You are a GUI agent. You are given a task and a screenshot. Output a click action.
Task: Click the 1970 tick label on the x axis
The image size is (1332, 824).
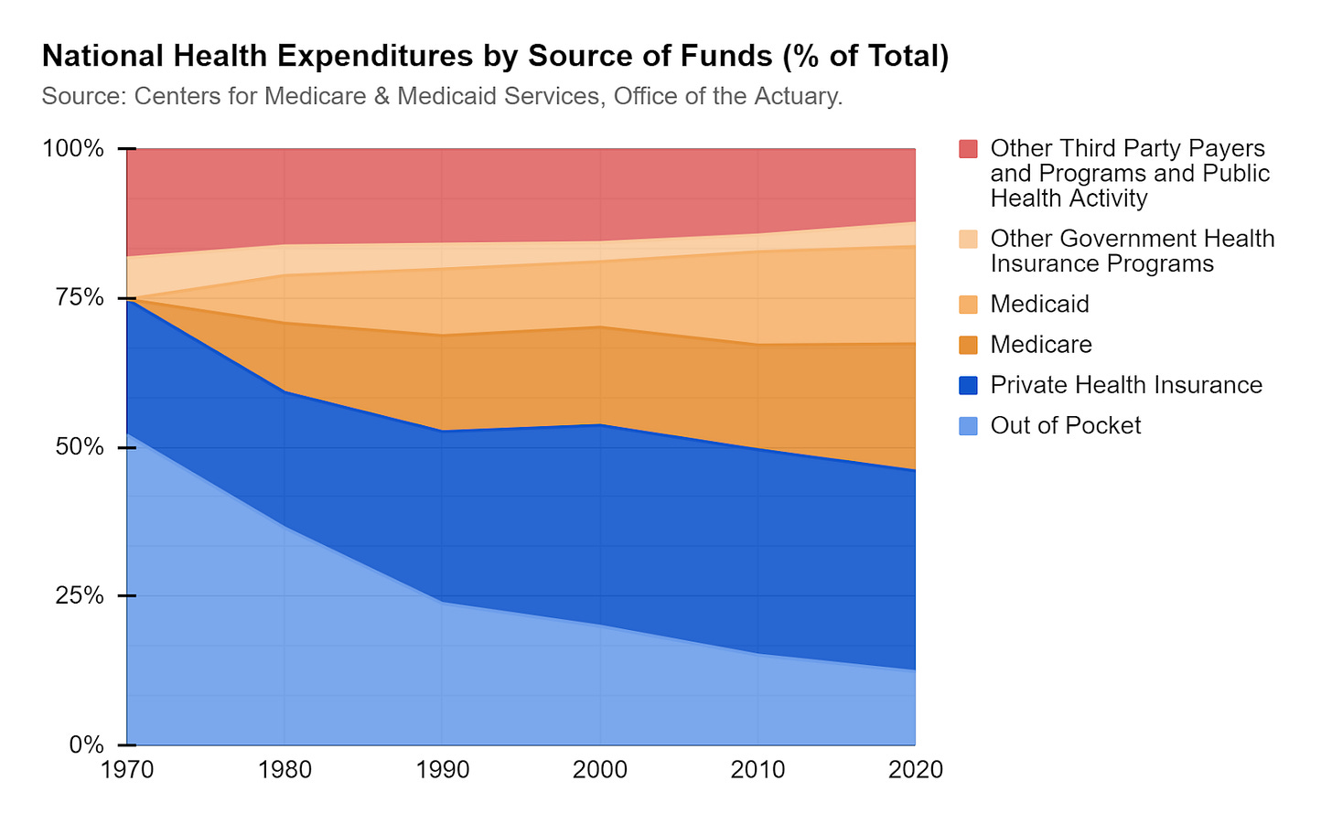(126, 770)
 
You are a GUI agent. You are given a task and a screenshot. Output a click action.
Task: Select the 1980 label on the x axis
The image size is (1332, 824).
(285, 770)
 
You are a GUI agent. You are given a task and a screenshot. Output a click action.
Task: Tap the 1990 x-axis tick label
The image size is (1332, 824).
(442, 770)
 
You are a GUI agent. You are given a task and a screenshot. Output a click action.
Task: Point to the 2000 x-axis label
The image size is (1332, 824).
(600, 770)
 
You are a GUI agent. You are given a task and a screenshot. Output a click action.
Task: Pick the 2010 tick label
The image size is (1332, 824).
(757, 770)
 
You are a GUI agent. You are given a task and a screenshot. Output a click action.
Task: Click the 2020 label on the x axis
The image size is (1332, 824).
(915, 770)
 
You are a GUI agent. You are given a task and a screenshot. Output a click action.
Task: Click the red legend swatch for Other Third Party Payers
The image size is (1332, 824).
(969, 148)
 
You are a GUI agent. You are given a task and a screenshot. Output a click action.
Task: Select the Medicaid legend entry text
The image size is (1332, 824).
(1039, 305)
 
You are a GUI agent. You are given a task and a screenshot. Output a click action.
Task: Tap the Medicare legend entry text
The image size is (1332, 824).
(1041, 345)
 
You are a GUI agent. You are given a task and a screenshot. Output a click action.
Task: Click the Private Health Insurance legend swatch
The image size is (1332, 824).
(969, 385)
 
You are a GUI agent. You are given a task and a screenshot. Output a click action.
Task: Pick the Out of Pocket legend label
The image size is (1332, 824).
(1065, 426)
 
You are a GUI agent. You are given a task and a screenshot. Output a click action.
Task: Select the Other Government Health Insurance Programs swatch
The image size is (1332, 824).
(969, 239)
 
